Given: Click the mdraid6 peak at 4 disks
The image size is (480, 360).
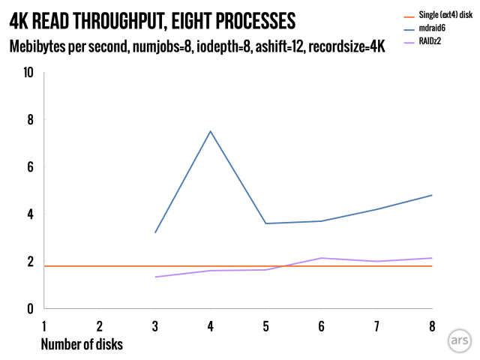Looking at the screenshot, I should point(210,131).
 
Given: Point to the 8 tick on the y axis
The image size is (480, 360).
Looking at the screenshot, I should point(29,119).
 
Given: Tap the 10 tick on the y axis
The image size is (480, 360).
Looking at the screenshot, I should point(28,72).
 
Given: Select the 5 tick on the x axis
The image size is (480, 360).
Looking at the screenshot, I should point(265,326).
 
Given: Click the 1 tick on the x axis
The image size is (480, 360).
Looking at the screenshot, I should point(44,326).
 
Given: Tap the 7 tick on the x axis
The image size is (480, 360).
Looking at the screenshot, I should point(376,326).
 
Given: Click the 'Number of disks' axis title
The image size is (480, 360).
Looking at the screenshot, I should point(82,344).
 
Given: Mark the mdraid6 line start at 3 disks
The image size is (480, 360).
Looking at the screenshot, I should point(154,232).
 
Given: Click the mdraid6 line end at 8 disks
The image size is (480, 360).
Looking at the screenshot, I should point(432,195).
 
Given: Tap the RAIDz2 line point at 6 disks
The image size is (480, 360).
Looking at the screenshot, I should point(321,258).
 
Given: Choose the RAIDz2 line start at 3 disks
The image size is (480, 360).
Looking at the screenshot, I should point(154,277).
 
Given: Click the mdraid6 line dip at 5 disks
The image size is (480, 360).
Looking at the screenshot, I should point(265,223).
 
